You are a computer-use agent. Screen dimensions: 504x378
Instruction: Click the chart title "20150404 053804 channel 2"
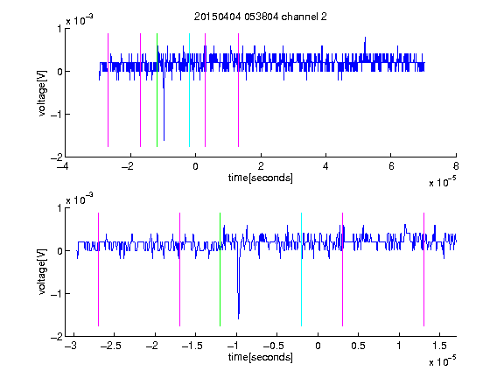click(261, 17)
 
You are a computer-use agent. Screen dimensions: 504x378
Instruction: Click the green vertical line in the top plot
click(157, 90)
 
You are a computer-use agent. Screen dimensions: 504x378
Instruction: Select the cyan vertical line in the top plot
click(189, 90)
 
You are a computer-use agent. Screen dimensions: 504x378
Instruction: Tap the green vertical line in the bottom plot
click(220, 269)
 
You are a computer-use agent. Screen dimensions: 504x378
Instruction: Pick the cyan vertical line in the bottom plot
click(301, 269)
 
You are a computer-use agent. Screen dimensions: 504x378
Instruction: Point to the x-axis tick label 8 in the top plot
click(456, 166)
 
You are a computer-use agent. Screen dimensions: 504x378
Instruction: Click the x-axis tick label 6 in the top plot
click(391, 166)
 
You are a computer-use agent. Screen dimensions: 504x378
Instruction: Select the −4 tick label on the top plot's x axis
click(62, 166)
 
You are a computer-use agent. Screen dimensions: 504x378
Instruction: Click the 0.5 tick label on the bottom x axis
click(358, 346)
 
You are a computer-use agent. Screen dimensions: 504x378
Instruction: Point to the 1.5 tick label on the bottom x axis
click(439, 346)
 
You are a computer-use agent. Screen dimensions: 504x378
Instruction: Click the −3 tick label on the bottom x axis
click(71, 346)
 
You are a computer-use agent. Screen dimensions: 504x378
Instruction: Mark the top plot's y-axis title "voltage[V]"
click(42, 94)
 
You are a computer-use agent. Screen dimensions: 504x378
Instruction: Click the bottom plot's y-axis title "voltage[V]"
click(42, 272)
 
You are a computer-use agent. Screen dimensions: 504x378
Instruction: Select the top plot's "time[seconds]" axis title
click(261, 178)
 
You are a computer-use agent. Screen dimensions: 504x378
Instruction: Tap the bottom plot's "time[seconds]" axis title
click(261, 357)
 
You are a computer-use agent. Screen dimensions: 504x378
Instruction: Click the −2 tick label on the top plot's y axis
click(56, 157)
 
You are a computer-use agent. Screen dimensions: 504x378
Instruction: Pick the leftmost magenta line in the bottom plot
click(98, 269)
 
